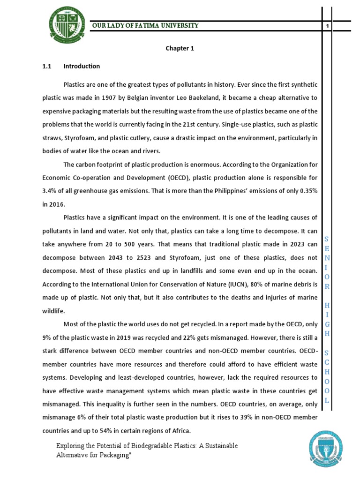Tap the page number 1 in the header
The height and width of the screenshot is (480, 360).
327,26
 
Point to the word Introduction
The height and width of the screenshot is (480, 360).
82,66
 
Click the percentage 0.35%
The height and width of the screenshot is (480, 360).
307,191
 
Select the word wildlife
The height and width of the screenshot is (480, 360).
54,311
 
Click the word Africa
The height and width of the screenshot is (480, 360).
181,431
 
